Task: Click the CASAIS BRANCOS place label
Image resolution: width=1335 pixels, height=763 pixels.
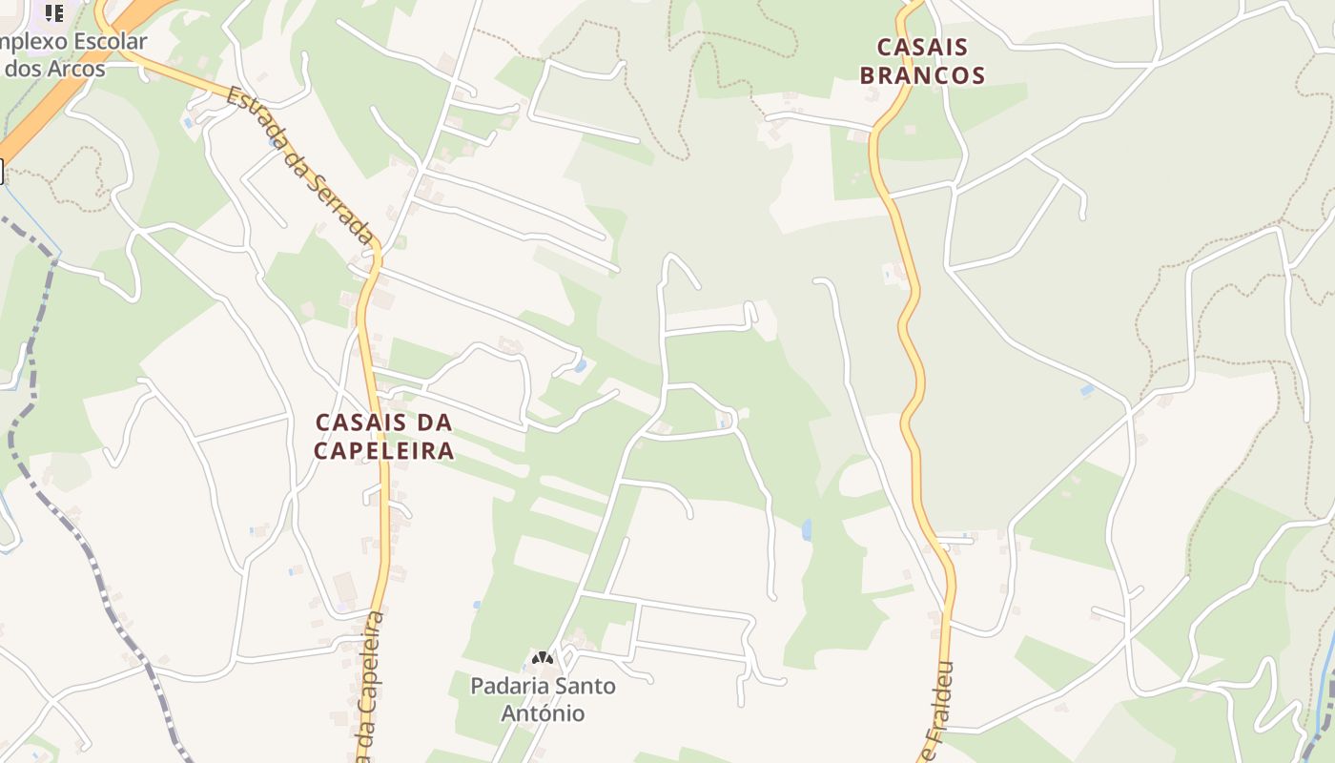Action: click(922, 61)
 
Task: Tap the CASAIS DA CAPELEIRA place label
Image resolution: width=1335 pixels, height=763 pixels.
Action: click(383, 436)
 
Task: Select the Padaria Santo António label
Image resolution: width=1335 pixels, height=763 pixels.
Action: click(543, 699)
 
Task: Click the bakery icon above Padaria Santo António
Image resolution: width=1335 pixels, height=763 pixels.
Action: click(543, 658)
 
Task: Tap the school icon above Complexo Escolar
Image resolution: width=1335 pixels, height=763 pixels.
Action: click(54, 12)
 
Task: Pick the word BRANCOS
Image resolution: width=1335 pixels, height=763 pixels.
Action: click(922, 75)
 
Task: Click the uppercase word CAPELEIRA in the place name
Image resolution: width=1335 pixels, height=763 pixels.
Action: click(383, 450)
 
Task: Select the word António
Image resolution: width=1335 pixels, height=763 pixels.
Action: click(543, 713)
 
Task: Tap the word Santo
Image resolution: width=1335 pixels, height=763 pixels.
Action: click(584, 686)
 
